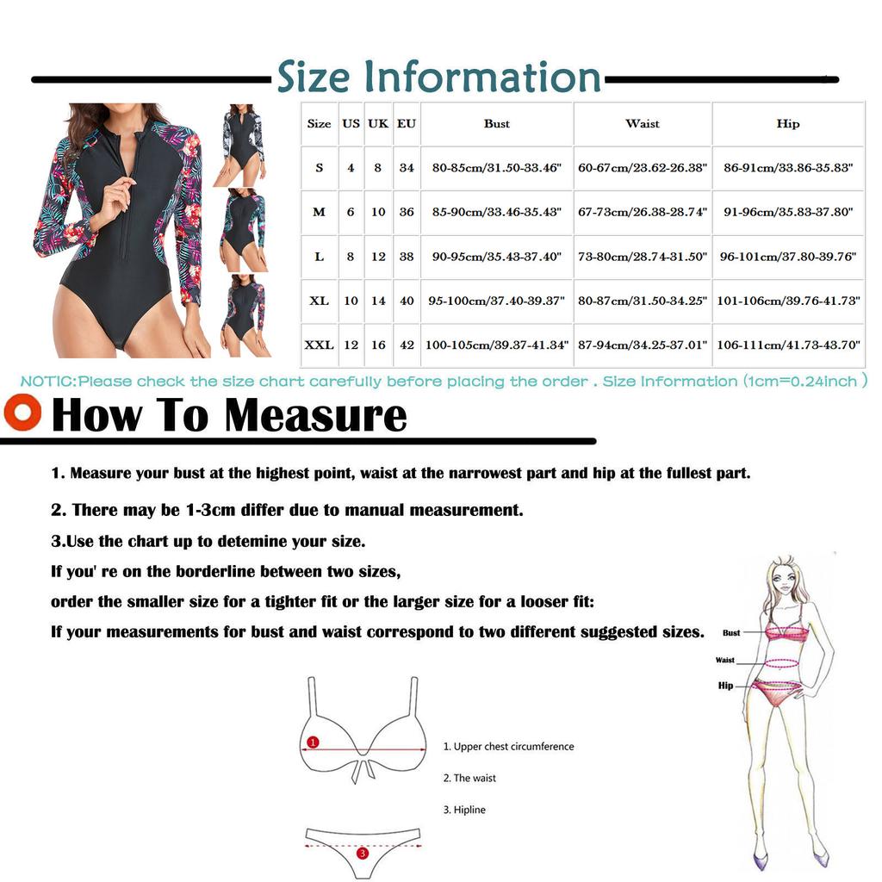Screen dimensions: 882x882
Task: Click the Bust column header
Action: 496,124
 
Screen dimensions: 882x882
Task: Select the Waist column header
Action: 643,124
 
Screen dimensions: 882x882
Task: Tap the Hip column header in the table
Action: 787,124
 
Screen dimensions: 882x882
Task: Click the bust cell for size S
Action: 496,168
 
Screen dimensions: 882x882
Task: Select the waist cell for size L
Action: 643,257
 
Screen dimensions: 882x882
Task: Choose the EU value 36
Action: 407,212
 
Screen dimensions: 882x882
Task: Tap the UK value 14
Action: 378,301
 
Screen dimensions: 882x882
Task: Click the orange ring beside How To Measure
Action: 22,410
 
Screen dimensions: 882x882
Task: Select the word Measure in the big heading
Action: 315,415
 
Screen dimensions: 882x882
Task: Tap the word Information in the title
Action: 481,78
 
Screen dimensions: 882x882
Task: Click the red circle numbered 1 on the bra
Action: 313,742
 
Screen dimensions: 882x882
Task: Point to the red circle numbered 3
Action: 362,853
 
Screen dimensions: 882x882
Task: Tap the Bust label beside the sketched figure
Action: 731,633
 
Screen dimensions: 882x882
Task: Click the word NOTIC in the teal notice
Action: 48,381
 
